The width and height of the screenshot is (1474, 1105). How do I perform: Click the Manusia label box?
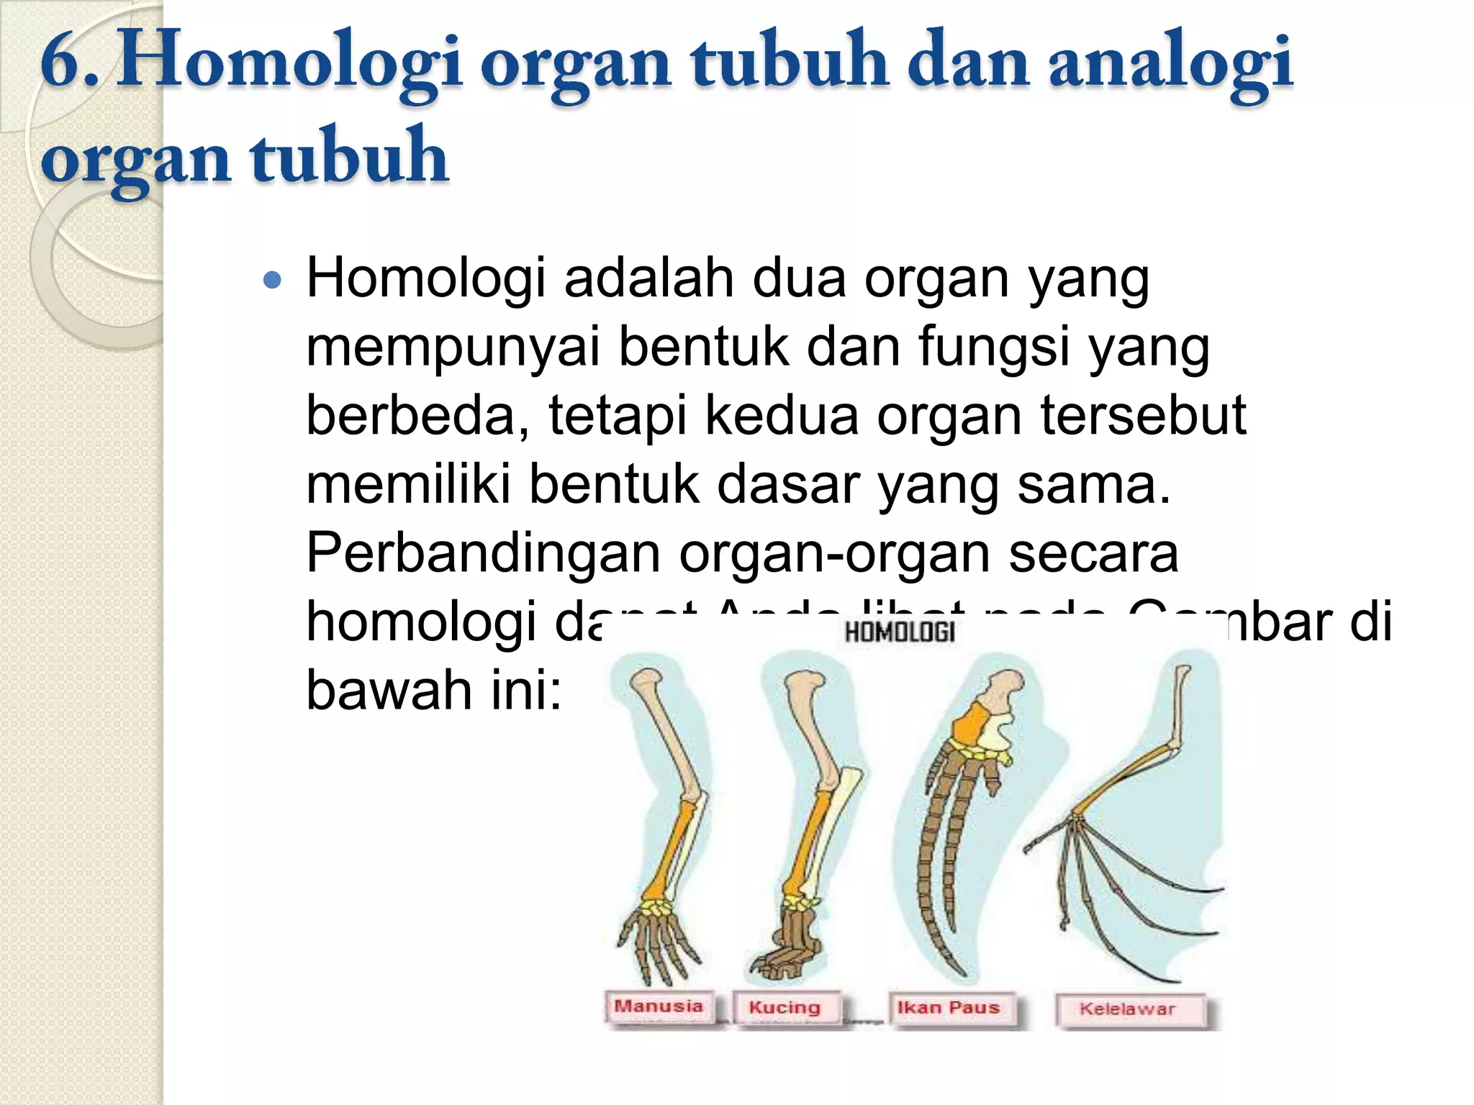[x=658, y=1006]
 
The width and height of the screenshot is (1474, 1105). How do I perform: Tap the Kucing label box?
[x=785, y=1008]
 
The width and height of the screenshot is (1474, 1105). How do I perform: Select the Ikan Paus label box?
[x=948, y=1008]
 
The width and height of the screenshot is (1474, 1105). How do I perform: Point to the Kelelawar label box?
[x=1127, y=1009]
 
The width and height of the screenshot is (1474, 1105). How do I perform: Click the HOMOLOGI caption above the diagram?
[x=900, y=632]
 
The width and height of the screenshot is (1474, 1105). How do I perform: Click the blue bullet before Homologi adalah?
[x=272, y=280]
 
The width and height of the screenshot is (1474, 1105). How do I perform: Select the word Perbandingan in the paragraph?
[x=483, y=553]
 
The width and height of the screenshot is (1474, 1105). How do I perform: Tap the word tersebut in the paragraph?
[x=1144, y=416]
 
